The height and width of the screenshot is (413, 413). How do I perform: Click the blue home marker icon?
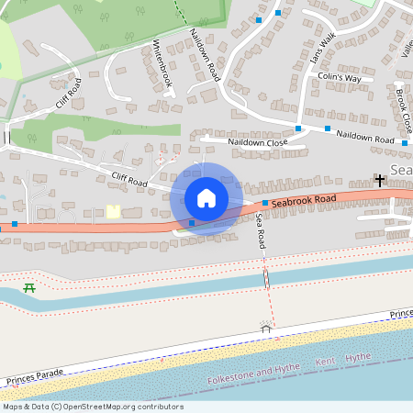point(206,198)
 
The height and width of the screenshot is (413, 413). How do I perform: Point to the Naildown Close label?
point(258,142)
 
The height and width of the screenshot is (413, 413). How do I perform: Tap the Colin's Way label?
point(340,79)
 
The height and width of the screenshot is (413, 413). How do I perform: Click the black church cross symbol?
point(379,180)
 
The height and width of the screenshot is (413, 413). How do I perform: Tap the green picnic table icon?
point(29,288)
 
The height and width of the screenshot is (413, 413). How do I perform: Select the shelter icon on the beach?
point(266,328)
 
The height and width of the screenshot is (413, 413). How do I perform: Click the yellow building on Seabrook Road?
point(113,211)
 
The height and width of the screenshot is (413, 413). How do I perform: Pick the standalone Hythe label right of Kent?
point(358,358)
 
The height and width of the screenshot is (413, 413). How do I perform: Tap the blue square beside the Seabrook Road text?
point(265,203)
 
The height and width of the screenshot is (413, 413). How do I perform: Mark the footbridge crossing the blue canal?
point(267,277)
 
